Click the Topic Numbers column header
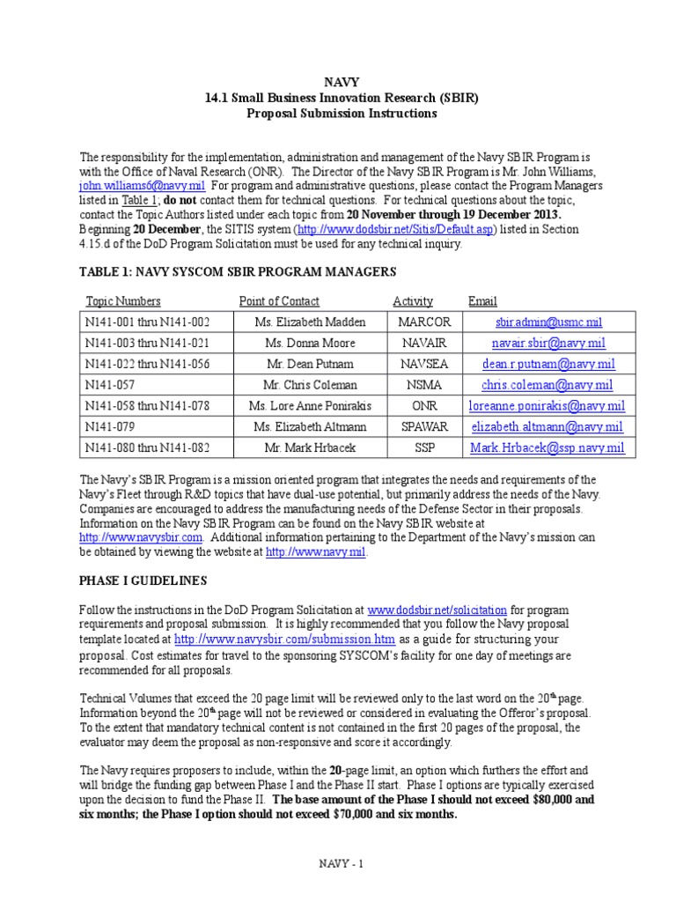(123, 301)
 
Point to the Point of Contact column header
(279, 301)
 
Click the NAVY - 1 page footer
(341, 864)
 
